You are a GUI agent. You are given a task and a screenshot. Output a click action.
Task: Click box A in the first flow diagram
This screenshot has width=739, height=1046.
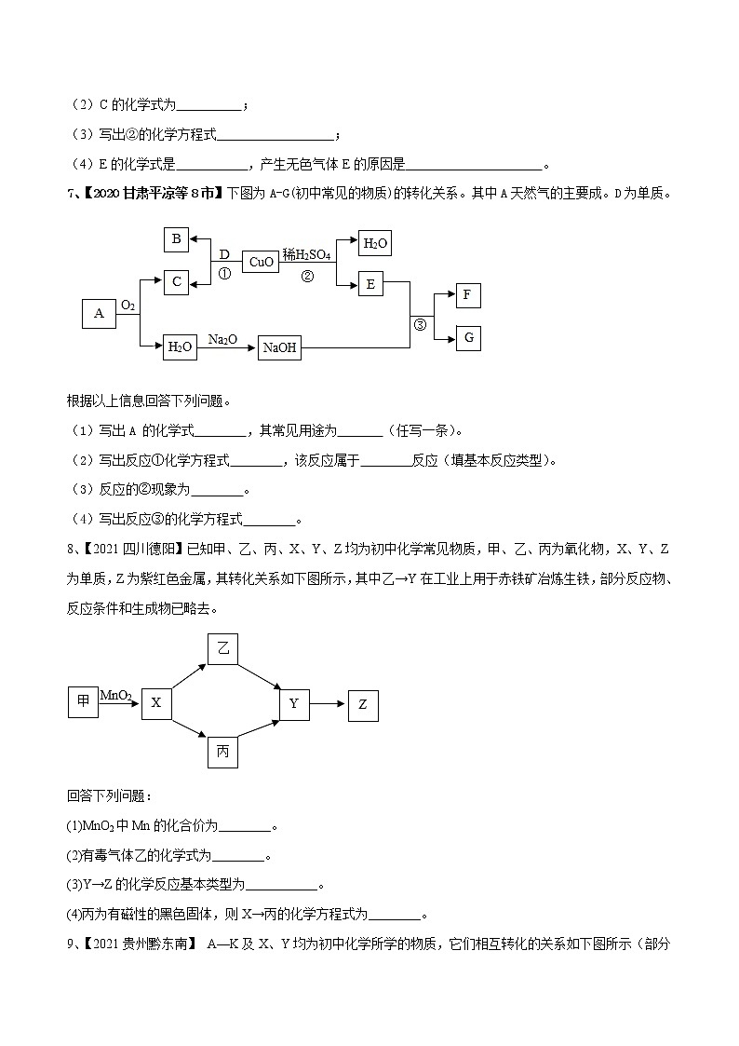click(99, 314)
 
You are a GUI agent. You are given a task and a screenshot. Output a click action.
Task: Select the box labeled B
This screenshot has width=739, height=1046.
click(176, 239)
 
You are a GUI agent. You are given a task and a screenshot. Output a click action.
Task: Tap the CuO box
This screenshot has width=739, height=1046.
click(262, 262)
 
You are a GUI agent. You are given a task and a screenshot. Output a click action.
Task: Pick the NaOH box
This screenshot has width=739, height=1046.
click(280, 347)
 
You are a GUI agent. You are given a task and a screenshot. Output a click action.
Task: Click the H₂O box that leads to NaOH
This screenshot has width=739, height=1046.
click(180, 347)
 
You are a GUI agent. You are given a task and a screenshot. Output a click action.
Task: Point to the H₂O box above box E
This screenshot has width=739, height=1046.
click(374, 244)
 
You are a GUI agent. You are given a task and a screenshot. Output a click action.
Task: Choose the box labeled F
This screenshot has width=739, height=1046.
click(468, 296)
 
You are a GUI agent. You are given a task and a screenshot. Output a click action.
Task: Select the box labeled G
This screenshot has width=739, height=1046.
click(468, 337)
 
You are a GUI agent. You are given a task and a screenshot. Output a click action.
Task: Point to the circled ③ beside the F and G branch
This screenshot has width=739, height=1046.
click(420, 324)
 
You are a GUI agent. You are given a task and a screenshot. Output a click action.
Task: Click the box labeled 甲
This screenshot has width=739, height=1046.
click(83, 701)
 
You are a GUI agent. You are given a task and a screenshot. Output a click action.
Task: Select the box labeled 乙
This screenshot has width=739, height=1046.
click(222, 649)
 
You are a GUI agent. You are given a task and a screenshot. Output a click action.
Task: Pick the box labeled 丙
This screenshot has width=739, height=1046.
click(222, 751)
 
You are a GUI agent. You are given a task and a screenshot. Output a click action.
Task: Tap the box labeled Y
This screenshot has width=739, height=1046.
click(294, 704)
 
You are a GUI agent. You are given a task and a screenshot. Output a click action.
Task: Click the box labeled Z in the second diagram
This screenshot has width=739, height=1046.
click(363, 705)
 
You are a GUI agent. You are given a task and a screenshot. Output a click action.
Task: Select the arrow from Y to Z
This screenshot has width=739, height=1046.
click(328, 704)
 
